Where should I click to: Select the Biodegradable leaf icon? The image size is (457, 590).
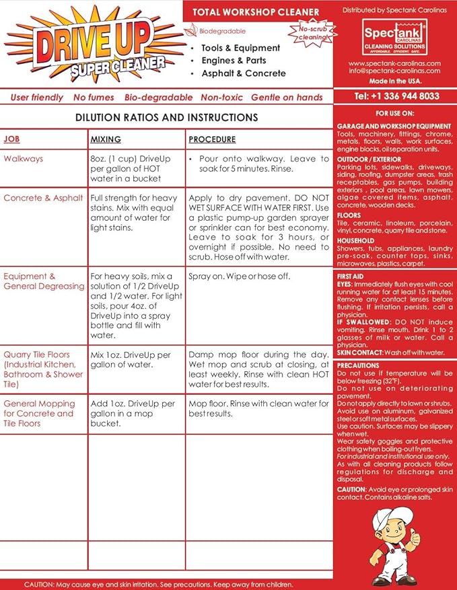click(195, 31)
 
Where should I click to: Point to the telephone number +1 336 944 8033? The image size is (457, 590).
click(396, 96)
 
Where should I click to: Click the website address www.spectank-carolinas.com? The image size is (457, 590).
click(394, 63)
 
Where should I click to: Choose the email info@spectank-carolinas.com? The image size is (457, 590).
click(394, 71)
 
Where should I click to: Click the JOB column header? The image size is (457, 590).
click(11, 140)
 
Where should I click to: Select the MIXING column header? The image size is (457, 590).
click(105, 140)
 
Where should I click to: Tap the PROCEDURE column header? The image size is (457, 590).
click(212, 140)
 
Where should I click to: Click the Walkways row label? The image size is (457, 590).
click(23, 159)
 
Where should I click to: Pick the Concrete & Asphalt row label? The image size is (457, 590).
click(43, 198)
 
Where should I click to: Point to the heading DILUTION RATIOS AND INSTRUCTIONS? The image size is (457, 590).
click(166, 118)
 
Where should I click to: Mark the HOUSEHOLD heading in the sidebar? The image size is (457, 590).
click(356, 240)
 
